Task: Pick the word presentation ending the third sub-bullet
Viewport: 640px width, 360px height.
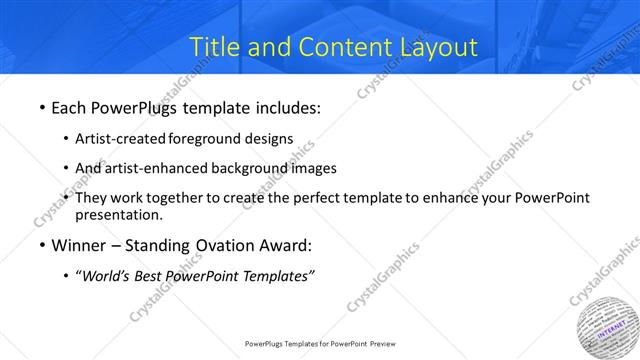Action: (x=118, y=214)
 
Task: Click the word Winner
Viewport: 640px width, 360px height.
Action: (x=80, y=245)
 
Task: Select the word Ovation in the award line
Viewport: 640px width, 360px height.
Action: (x=229, y=245)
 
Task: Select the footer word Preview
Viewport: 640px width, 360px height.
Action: (x=379, y=343)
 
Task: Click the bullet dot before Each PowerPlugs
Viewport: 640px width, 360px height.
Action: (x=41, y=107)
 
